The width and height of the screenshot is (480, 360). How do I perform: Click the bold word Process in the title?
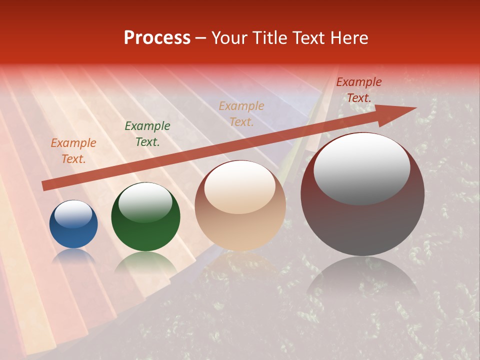(x=157, y=38)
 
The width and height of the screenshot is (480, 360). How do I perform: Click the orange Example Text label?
(x=73, y=151)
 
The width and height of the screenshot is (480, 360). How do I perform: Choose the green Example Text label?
(x=147, y=134)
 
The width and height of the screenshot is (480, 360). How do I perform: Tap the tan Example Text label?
(x=241, y=113)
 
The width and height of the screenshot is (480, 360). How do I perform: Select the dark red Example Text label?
(x=358, y=90)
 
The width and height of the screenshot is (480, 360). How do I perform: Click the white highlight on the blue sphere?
(x=73, y=213)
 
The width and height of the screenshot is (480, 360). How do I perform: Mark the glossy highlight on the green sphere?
(x=145, y=202)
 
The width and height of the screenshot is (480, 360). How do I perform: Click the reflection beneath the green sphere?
(x=145, y=262)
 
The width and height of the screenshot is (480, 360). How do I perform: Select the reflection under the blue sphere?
(x=73, y=255)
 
